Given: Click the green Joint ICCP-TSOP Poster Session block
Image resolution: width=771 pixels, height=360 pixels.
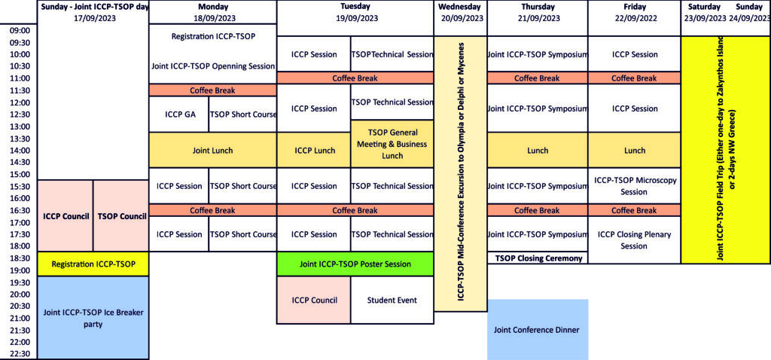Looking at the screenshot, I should [355, 264].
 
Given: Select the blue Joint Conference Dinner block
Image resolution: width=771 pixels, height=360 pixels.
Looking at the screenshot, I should [538, 329].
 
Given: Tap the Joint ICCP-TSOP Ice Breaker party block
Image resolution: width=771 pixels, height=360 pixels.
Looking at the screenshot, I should [93, 318].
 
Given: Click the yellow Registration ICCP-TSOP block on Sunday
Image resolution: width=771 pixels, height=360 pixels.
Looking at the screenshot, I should [93, 264].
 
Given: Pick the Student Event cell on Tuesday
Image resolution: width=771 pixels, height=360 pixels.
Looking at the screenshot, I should [392, 301].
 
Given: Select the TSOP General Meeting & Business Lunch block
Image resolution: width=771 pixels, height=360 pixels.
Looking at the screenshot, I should [392, 144].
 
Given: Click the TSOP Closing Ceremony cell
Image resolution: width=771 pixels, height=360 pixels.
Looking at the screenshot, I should [538, 258].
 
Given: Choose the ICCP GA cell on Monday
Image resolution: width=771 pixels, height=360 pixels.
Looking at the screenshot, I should [179, 114].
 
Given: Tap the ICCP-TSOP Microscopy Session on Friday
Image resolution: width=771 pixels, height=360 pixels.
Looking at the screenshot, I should [635, 186].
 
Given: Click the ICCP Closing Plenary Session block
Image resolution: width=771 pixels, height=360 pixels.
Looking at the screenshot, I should [635, 239].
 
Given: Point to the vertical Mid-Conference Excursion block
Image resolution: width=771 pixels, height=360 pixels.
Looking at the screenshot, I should [461, 173].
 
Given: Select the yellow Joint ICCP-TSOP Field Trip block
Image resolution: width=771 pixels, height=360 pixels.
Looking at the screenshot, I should [725, 149].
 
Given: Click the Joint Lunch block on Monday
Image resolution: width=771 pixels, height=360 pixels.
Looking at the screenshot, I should [213, 151].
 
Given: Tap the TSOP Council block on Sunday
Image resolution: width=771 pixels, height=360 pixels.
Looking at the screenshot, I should [121, 216].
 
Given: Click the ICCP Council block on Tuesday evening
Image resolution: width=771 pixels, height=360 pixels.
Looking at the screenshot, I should [314, 301].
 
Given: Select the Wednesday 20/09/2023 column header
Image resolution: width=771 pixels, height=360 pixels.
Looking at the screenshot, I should [461, 12].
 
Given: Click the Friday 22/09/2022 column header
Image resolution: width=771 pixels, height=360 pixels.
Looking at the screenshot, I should [635, 12].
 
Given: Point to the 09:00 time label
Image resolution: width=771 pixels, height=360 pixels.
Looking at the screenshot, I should [20, 31].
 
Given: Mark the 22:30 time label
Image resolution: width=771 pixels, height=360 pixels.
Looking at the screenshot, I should [20, 354].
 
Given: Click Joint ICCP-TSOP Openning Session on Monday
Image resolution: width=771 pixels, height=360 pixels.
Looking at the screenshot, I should [213, 66].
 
